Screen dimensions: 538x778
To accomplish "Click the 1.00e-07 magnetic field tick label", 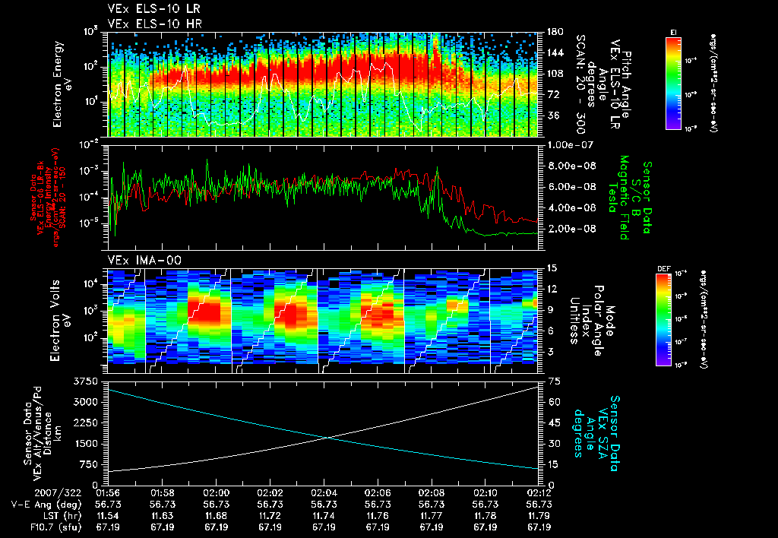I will [568, 144].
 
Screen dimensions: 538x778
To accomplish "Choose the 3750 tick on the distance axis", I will [86, 381].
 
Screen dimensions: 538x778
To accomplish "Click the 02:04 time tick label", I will [324, 492].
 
